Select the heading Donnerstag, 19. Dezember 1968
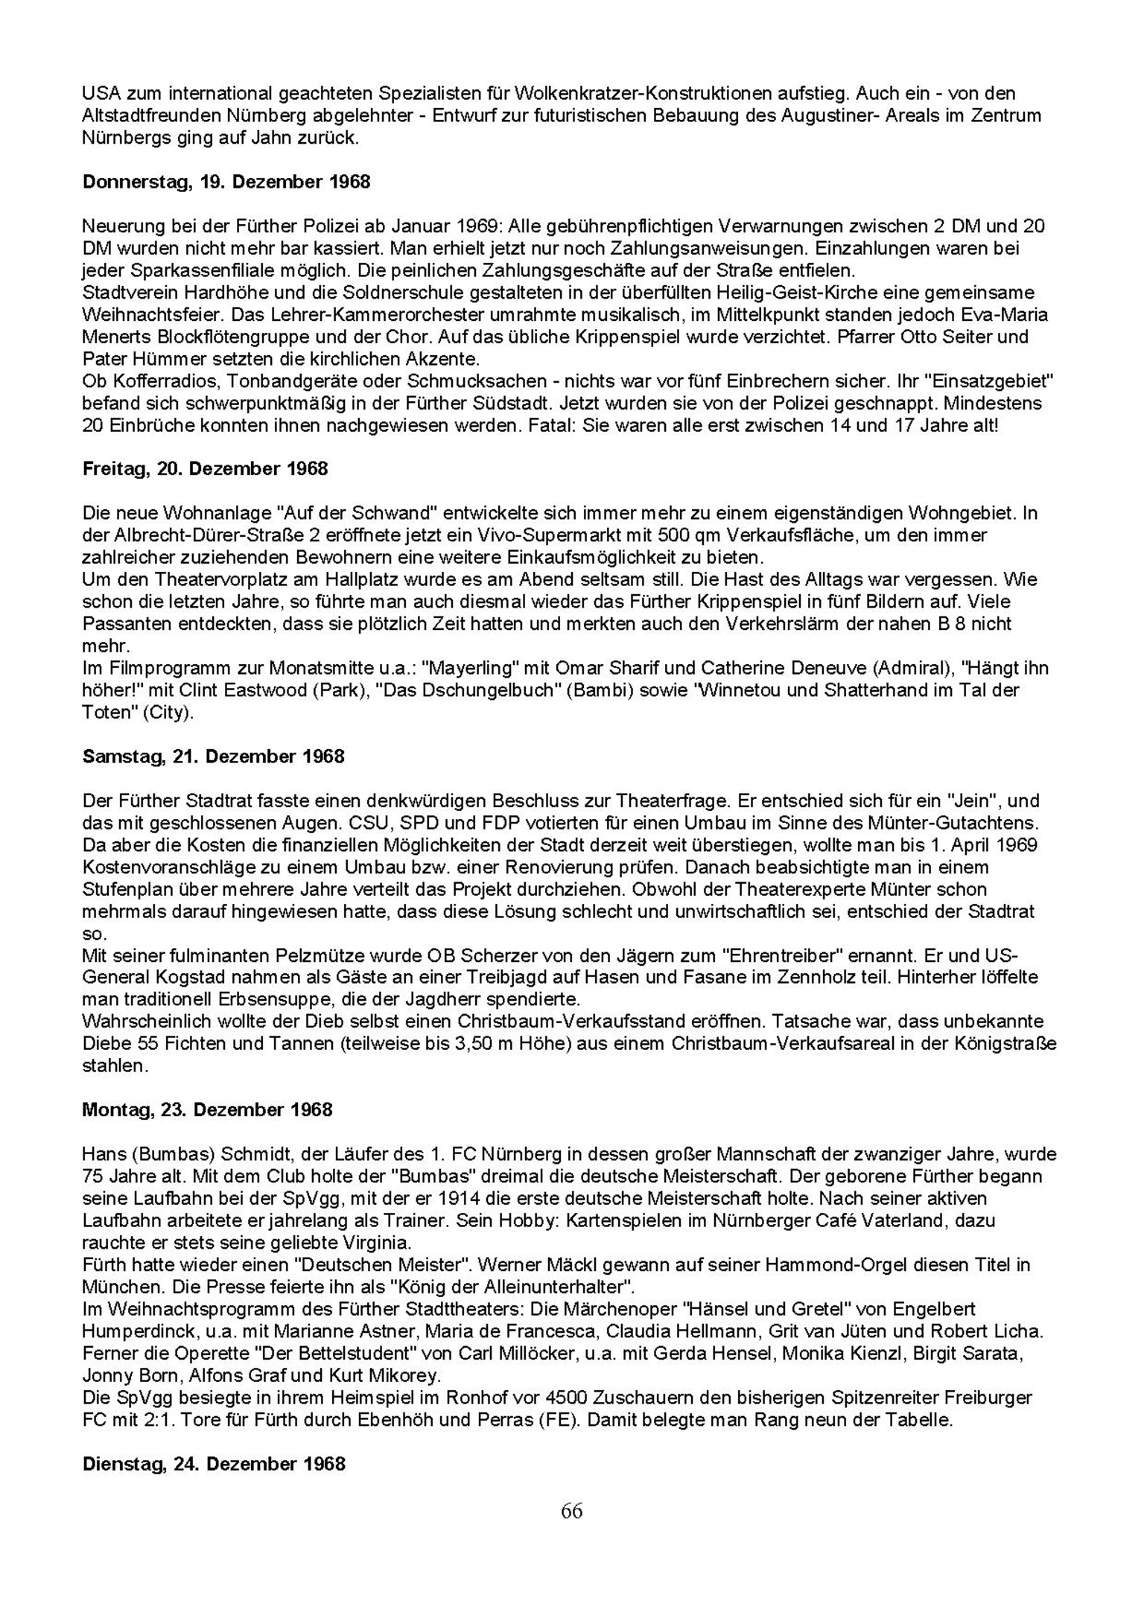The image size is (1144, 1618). [x=226, y=182]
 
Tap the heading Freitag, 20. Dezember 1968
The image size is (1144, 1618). [x=205, y=469]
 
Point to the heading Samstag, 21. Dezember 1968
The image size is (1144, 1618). [x=213, y=757]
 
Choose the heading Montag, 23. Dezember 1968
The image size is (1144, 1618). [x=207, y=1110]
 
